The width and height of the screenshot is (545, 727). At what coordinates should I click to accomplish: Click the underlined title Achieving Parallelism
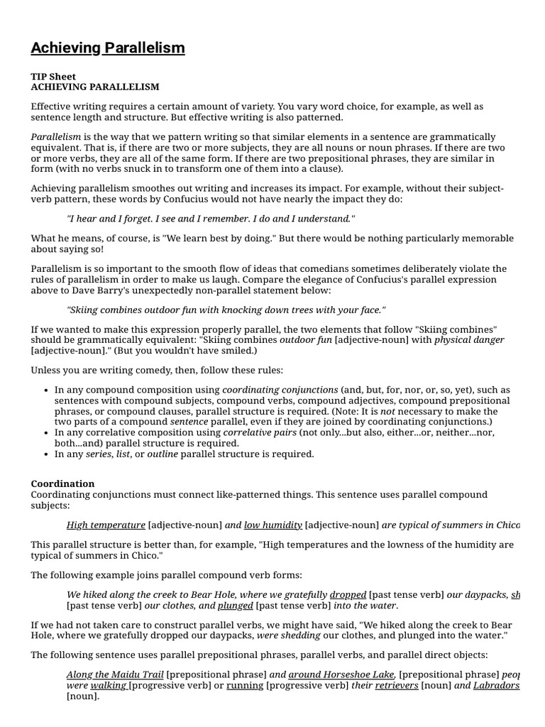pyautogui.click(x=108, y=48)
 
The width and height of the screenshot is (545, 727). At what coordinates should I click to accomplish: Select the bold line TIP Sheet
pyautogui.click(x=53, y=76)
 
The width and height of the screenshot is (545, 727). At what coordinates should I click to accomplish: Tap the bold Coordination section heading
pyautogui.click(x=62, y=483)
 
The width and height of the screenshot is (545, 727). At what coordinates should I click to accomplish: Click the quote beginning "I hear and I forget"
pyautogui.click(x=211, y=219)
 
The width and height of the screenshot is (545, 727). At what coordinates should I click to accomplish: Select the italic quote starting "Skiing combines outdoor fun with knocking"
pyautogui.click(x=226, y=310)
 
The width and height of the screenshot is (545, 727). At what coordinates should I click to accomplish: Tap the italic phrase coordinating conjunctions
pyautogui.click(x=280, y=390)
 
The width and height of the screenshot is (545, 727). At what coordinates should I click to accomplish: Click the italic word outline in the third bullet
pyautogui.click(x=162, y=454)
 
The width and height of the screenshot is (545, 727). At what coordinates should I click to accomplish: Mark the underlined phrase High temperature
pyautogui.click(x=106, y=525)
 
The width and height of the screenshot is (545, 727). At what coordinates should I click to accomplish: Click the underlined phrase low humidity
pyautogui.click(x=272, y=525)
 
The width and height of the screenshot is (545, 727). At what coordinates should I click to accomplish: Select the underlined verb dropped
pyautogui.click(x=348, y=594)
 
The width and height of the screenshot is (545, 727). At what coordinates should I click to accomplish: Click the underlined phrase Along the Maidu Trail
pyautogui.click(x=115, y=674)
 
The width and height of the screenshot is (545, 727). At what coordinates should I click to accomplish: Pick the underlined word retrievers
pyautogui.click(x=397, y=686)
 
